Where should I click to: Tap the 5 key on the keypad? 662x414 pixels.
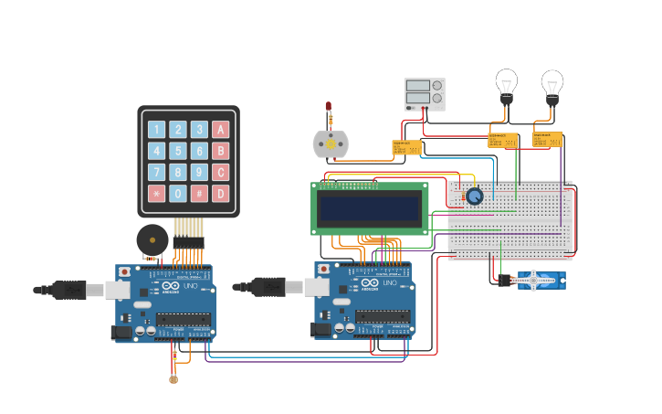pyautogui.click(x=178, y=151)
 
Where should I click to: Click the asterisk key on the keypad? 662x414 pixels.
pyautogui.click(x=157, y=193)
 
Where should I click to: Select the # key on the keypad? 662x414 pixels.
pyautogui.click(x=199, y=193)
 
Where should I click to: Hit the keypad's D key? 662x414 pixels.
pyautogui.click(x=220, y=193)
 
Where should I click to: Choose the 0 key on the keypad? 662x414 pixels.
pyautogui.click(x=178, y=193)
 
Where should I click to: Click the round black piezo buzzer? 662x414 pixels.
pyautogui.click(x=152, y=239)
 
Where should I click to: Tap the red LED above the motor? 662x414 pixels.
pyautogui.click(x=329, y=108)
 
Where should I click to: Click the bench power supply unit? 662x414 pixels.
pyautogui.click(x=425, y=94)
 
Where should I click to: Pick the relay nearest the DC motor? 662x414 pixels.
pyautogui.click(x=406, y=147)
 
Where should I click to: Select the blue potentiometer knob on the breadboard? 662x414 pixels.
pyautogui.click(x=474, y=196)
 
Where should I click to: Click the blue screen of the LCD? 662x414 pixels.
pyautogui.click(x=370, y=208)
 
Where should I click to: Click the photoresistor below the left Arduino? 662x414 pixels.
pyautogui.click(x=173, y=377)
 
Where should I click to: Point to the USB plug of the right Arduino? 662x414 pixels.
pyautogui.click(x=269, y=287)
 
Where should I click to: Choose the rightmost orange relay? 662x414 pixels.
pyautogui.click(x=546, y=139)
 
